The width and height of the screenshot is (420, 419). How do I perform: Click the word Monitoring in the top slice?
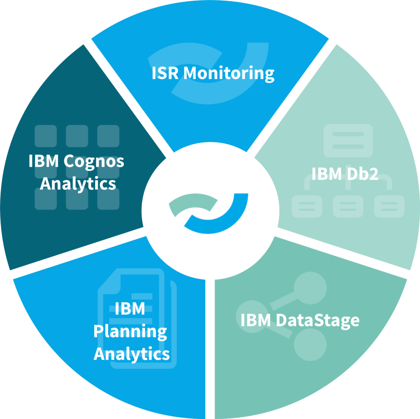229,74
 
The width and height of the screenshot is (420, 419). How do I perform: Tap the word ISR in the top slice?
166,73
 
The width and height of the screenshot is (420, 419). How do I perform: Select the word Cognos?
94,162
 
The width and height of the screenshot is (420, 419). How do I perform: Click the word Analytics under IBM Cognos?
78,183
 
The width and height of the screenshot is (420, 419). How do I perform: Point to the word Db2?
361,174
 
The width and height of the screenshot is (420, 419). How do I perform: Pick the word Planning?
130,332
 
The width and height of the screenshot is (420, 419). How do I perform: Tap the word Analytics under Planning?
132,353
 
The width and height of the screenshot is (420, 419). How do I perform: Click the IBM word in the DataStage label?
255,320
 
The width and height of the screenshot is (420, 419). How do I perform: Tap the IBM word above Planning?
130,309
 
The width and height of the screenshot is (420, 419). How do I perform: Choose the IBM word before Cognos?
44,162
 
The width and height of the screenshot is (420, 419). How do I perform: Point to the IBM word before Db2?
326,174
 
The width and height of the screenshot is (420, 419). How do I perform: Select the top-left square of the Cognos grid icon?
46,136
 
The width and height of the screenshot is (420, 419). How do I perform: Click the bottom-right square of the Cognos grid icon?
108,199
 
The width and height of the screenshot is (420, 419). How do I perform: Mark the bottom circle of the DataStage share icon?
310,343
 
